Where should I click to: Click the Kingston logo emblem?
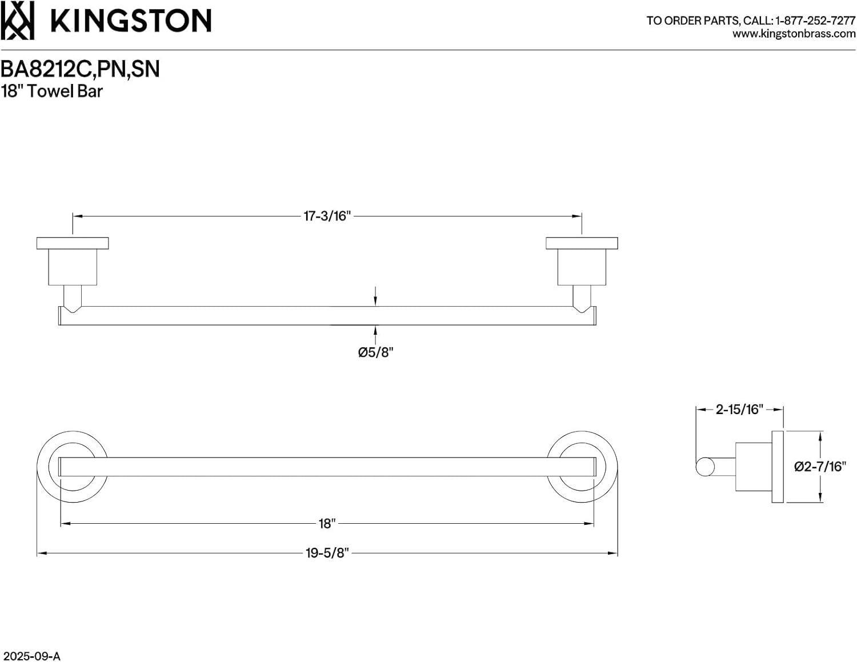17,21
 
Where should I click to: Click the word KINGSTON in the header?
131,21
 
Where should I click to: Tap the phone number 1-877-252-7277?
815,21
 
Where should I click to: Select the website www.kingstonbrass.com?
794,34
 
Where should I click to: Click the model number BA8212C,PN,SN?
80,69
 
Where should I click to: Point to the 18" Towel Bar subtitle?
51,91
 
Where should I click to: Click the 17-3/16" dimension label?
326,216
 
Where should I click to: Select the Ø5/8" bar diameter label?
375,352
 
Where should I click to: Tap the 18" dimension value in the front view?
326,523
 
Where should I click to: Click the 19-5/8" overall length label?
326,553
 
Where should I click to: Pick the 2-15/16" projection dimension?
739,409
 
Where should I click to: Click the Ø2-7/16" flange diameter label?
819,467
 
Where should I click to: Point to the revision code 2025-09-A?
30,656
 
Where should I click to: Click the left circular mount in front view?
72,467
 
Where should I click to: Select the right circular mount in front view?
582,467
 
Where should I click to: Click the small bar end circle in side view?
704,467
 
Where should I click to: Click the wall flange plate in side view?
777,467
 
